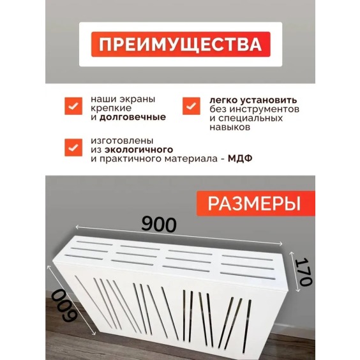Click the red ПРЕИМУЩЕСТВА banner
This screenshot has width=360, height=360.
click(x=180, y=44)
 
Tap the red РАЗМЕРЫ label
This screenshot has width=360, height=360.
click(x=255, y=203)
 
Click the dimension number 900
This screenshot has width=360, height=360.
click(x=158, y=224)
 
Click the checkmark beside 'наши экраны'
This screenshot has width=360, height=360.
click(x=73, y=105)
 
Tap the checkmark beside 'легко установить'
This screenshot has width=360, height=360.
click(x=191, y=105)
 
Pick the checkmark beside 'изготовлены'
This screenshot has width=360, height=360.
click(x=73, y=147)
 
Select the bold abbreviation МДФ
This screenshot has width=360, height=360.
click(x=240, y=158)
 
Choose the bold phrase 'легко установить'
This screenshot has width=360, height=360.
click(x=248, y=100)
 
